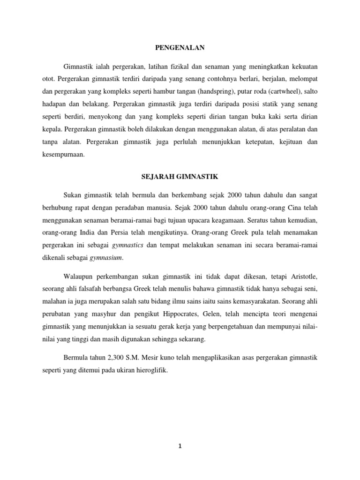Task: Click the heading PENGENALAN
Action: tap(180, 47)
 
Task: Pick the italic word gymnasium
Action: tap(107, 257)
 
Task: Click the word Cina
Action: tap(296, 205)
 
